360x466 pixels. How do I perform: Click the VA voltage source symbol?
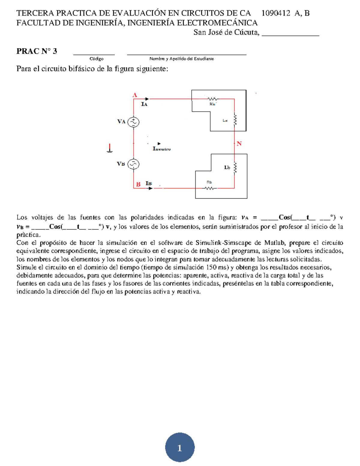click(x=133, y=122)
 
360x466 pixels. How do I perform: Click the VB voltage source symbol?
click(x=133, y=164)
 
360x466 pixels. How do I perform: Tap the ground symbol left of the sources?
click(x=110, y=149)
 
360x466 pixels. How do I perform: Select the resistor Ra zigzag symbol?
click(x=213, y=99)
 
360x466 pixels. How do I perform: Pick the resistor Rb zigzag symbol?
click(x=210, y=188)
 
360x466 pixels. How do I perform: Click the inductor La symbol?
click(x=235, y=120)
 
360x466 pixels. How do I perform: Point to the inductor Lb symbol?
click(x=235, y=167)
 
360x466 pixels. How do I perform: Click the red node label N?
click(x=239, y=144)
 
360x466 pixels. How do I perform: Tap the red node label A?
click(x=135, y=95)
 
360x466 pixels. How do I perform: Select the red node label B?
click(x=138, y=184)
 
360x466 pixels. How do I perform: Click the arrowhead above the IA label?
click(x=147, y=99)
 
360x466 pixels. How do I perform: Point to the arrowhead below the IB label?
click(x=151, y=188)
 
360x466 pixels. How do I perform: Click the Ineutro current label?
click(x=162, y=149)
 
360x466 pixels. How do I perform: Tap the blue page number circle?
click(x=180, y=447)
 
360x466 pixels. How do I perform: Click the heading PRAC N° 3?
click(x=37, y=51)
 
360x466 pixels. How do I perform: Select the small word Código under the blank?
click(x=97, y=59)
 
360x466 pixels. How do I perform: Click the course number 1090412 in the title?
click(x=276, y=13)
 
